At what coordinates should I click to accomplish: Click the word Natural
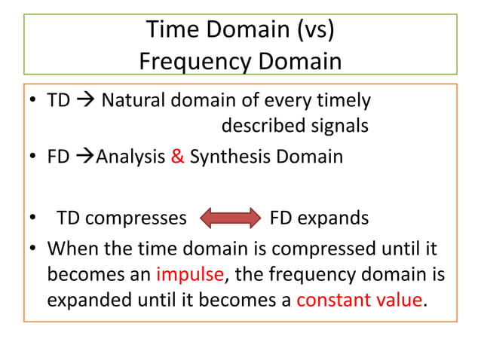point(133,100)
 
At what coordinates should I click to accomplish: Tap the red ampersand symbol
point(178,157)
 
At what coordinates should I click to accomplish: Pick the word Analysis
point(130,157)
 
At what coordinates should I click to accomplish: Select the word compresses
point(136,218)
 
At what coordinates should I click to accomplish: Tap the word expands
point(333,218)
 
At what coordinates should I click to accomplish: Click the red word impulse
point(190,274)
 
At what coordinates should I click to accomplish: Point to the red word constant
point(329,300)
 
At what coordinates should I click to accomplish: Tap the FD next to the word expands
point(281,218)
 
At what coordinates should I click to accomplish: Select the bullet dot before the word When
point(33,249)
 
